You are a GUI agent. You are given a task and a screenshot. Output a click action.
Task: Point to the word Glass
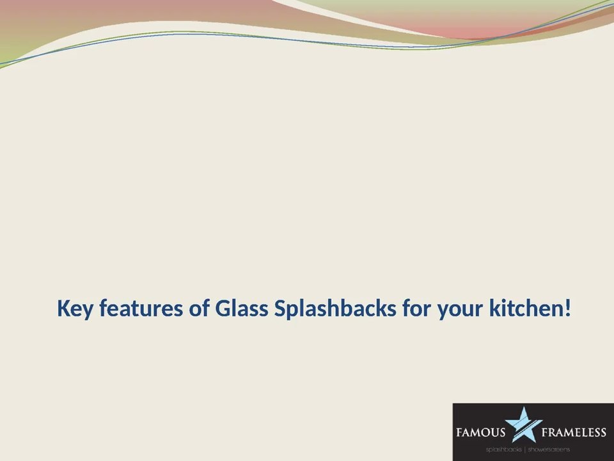coord(242,309)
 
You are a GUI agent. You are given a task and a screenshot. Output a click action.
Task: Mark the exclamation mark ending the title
coord(568,309)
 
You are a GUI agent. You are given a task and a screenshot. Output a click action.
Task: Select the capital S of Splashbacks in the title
coord(279,309)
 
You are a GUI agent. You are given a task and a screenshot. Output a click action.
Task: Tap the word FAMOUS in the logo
coord(480,432)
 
